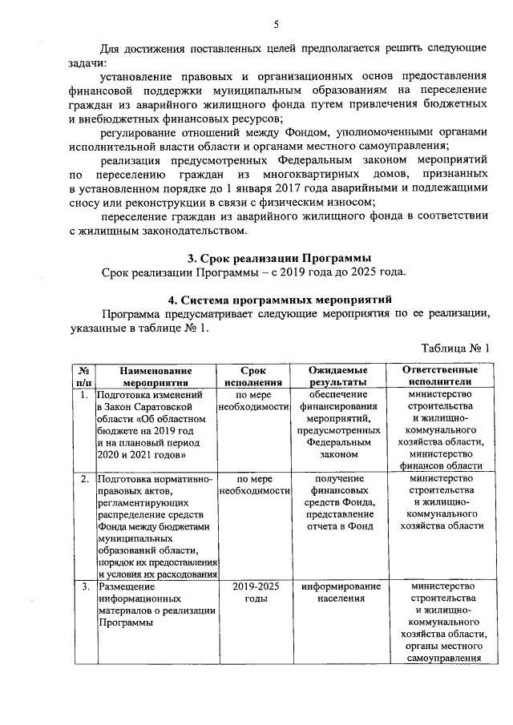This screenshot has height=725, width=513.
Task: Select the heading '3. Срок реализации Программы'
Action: coord(279,258)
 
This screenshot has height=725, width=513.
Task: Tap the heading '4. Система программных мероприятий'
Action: coord(278,299)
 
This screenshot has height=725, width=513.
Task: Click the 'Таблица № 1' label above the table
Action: coord(454,348)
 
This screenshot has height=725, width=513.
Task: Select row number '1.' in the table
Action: coord(83,395)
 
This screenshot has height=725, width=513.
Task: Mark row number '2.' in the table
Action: coord(83,479)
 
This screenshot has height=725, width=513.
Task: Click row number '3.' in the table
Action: coord(83,587)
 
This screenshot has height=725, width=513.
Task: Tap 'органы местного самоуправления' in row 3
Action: coord(445,652)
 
